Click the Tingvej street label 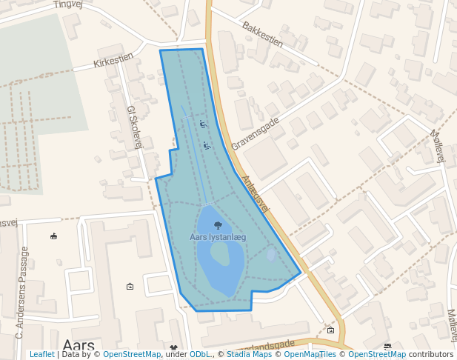coord(67,4)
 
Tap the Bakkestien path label coord(262,34)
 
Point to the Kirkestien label coord(113,59)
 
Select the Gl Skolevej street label coord(134,127)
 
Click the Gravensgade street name coord(255,133)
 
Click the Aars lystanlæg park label coord(217,237)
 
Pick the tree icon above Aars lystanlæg coord(217,224)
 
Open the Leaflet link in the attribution coord(41,354)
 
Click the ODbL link coord(200,354)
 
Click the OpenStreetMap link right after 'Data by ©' coord(131,354)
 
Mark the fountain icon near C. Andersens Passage coord(53,237)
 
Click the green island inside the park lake coord(219,254)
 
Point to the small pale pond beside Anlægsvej coord(270,255)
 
